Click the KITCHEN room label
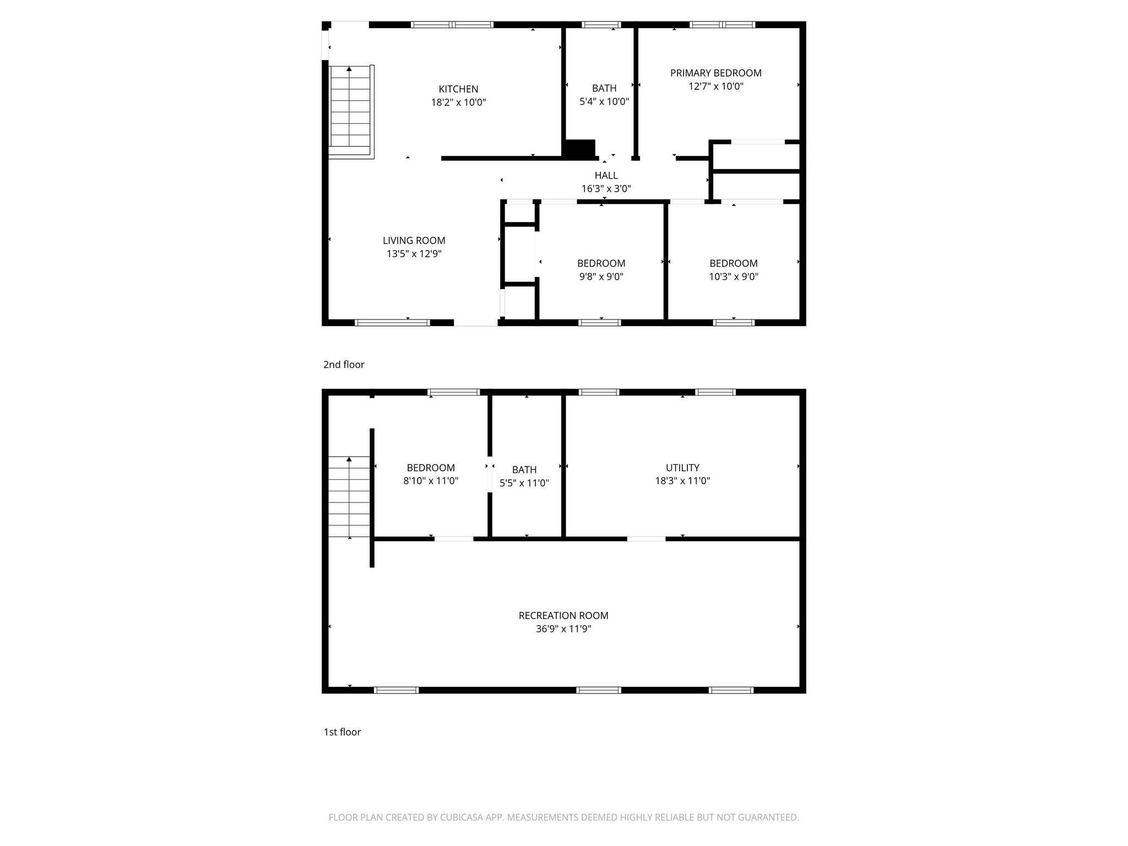[x=458, y=89]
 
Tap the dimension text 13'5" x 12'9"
[x=414, y=254]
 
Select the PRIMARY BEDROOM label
[x=715, y=73]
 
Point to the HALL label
[x=606, y=175]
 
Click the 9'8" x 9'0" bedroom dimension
[x=601, y=276]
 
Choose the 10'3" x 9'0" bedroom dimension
[x=733, y=276]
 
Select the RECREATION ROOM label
[x=563, y=615]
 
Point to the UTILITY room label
[x=682, y=467]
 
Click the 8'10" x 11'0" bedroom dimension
[x=430, y=481]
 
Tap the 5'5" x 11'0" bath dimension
[x=524, y=483]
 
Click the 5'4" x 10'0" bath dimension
[x=604, y=101]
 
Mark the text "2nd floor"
[x=344, y=365]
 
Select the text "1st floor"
[x=342, y=732]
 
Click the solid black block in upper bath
[x=579, y=148]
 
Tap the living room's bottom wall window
[x=392, y=323]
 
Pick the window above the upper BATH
[x=601, y=24]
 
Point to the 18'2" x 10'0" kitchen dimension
[x=458, y=102]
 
